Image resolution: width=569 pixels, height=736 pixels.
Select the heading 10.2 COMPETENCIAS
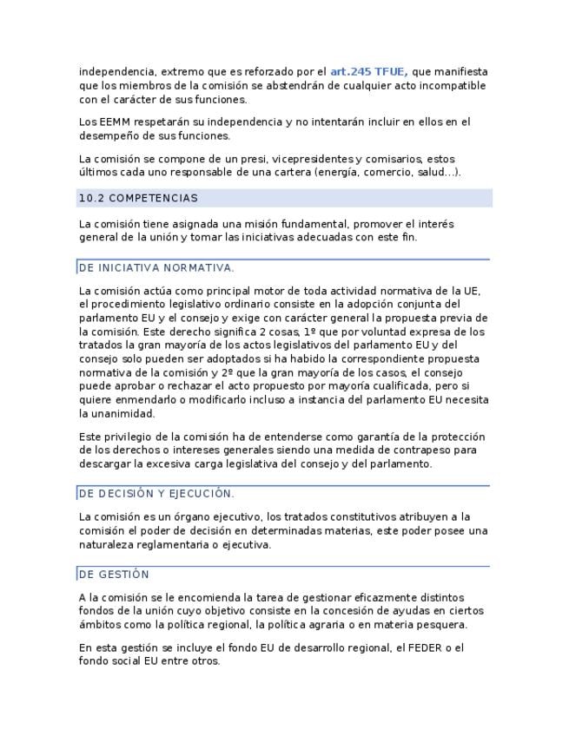point(138,198)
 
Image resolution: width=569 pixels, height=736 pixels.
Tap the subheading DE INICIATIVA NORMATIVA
point(156,268)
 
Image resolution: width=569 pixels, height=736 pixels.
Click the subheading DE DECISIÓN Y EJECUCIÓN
point(156,494)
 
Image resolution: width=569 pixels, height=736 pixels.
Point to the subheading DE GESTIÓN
point(114,575)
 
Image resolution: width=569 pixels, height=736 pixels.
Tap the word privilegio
point(129,437)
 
